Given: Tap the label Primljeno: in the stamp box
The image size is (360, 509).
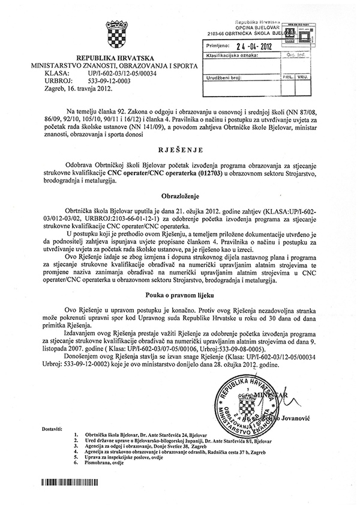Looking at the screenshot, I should [x=218, y=44].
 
